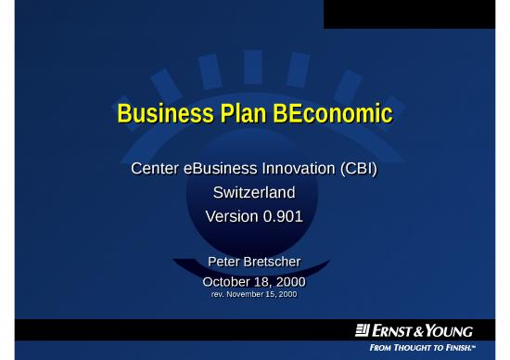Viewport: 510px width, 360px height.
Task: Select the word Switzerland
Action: click(x=254, y=194)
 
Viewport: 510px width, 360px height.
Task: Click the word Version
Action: click(x=233, y=217)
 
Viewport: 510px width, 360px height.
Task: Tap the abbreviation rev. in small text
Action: click(x=221, y=294)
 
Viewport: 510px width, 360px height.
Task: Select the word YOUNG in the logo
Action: click(x=453, y=331)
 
